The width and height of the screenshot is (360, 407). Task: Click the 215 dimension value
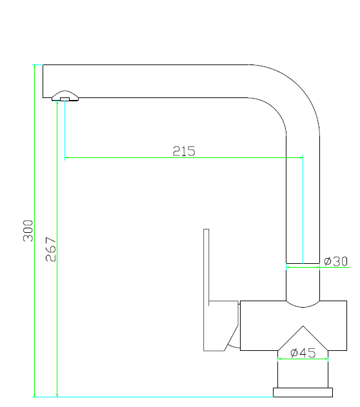(x=184, y=152)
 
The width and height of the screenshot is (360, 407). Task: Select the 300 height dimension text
(x=28, y=230)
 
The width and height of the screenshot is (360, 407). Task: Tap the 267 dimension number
(x=51, y=249)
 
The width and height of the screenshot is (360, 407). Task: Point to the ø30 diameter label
(x=335, y=261)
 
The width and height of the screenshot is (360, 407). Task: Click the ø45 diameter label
(x=303, y=353)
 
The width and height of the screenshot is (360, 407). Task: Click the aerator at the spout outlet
(x=65, y=97)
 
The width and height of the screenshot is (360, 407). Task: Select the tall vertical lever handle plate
(x=206, y=264)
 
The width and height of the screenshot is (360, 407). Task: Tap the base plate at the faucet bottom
(x=303, y=392)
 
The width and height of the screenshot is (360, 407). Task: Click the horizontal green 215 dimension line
(x=129, y=157)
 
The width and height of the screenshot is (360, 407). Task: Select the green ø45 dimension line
(x=303, y=359)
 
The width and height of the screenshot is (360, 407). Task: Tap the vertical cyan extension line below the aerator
(x=65, y=129)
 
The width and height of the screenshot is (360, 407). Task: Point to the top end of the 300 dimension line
(x=34, y=65)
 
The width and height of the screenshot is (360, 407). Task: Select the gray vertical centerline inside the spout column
(x=302, y=206)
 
